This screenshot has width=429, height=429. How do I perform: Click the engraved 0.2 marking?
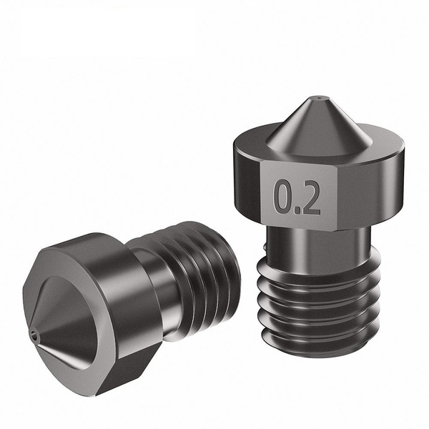tap(297, 198)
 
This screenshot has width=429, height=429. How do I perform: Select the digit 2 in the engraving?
tap(310, 198)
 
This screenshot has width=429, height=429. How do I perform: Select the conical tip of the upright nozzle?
tap(313, 122)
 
